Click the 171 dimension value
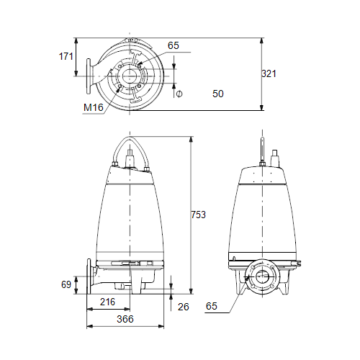66,56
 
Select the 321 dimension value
269,73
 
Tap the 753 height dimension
199,215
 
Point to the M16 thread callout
94,107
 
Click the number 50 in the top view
218,94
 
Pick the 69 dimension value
66,284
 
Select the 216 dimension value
107,302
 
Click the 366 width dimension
125,319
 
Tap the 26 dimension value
184,307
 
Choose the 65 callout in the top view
174,45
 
